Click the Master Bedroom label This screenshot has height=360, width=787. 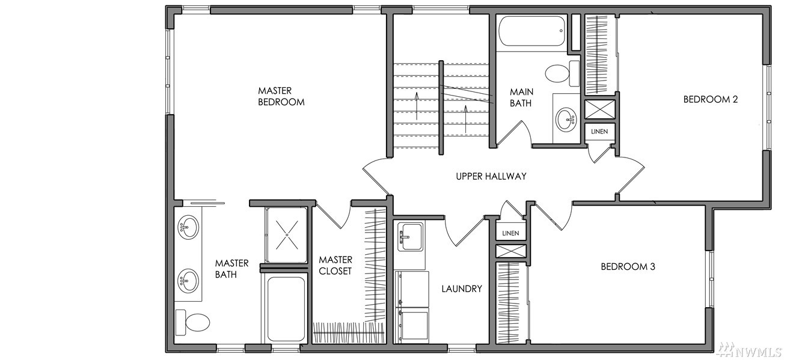click(x=281, y=96)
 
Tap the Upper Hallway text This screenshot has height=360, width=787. click(x=491, y=176)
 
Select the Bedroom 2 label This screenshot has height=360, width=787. click(x=711, y=99)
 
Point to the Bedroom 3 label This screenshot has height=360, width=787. click(x=628, y=267)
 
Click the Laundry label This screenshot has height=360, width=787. click(x=462, y=288)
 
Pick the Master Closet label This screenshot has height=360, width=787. click(x=335, y=265)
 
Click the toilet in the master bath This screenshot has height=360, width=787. click(x=192, y=322)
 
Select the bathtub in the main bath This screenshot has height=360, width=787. click(x=532, y=31)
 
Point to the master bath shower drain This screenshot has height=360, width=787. click(x=287, y=234)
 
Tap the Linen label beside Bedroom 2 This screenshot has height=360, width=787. click(x=599, y=132)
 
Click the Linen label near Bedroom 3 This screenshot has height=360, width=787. click(x=510, y=233)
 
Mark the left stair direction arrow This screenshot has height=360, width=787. click(x=417, y=106)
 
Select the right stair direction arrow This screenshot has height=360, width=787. click(x=466, y=119)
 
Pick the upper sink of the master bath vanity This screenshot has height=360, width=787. click(x=188, y=227)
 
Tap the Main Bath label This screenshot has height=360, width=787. click(x=521, y=97)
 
